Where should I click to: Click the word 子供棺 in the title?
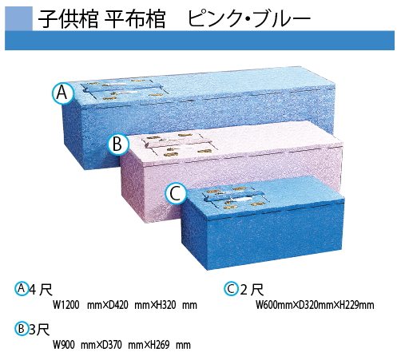tap(68, 18)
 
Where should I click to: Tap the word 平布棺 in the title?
tap(135, 18)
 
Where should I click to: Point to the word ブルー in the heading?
tap(283, 18)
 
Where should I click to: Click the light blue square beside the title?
tap(18, 18)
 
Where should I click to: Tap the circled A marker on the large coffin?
tap(62, 93)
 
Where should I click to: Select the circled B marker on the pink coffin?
tap(118, 144)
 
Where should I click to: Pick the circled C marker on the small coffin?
tap(176, 194)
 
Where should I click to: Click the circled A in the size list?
tap(22, 288)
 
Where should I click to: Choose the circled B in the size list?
tap(22, 329)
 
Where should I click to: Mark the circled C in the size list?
tap(231, 289)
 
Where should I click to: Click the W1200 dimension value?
tap(66, 305)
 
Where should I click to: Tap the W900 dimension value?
tap(63, 345)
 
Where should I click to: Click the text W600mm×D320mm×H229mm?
tap(315, 305)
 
